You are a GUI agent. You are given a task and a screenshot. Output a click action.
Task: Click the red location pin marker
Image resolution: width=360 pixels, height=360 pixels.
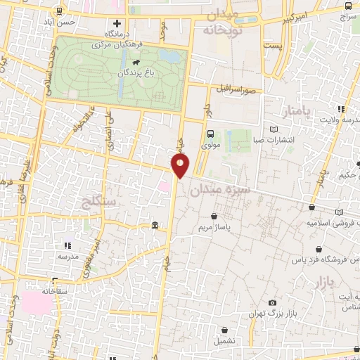pos(181,166)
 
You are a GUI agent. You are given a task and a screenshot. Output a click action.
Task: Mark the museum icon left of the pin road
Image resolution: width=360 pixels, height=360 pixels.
pos(155,225)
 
